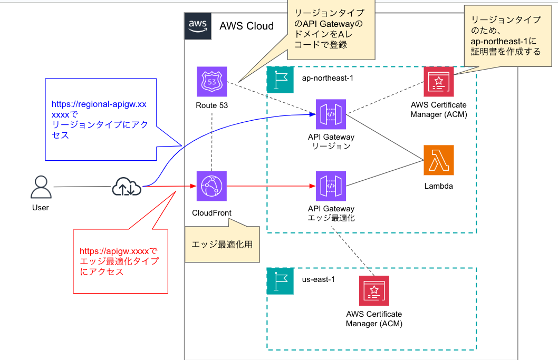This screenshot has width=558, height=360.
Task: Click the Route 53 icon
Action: pyautogui.click(x=211, y=82)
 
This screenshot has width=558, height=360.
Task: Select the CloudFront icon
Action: pyautogui.click(x=211, y=186)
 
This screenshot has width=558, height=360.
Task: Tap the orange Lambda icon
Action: pyautogui.click(x=438, y=160)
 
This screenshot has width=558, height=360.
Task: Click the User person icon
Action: pyautogui.click(x=40, y=187)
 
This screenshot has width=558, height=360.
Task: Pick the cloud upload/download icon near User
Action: pyautogui.click(x=127, y=186)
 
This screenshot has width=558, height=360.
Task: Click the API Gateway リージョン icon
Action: pyautogui.click(x=331, y=114)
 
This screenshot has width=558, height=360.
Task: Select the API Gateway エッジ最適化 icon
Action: pyautogui.click(x=331, y=186)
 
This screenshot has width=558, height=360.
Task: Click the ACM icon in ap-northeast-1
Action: pyautogui.click(x=438, y=82)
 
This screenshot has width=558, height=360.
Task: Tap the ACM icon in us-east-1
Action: pyautogui.click(x=374, y=290)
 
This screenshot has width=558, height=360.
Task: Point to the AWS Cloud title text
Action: pyautogui.click(x=246, y=26)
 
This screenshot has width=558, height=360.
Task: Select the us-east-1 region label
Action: pyautogui.click(x=318, y=279)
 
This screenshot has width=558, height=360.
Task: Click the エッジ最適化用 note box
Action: pyautogui.click(x=222, y=245)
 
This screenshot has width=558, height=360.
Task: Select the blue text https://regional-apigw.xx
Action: pyautogui.click(x=98, y=105)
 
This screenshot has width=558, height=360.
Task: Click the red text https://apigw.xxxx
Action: pyautogui.click(x=119, y=251)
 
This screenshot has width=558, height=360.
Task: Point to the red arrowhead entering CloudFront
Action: pyautogui.click(x=193, y=186)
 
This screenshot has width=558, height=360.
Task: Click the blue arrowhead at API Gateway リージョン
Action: pyautogui.click(x=312, y=113)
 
